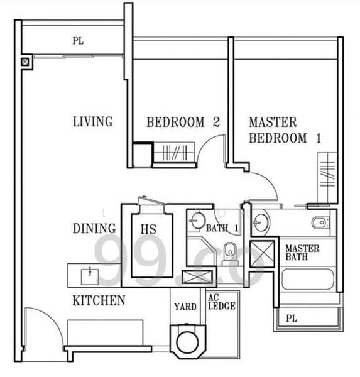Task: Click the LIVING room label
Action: coord(93,122)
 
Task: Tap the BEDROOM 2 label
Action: coord(183,122)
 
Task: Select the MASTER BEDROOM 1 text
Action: coord(285,130)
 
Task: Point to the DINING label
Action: coord(94,229)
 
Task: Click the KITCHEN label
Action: coord(99,300)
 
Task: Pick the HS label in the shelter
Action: coord(148,229)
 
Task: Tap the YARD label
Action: coord(185,307)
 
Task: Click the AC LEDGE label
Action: coord(222,302)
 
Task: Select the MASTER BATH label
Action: coord(302,253)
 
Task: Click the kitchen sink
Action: coord(90,276)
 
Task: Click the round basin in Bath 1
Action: coord(199,221)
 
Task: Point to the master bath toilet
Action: coord(320,222)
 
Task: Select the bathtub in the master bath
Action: coord(308,279)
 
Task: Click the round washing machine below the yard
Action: coord(187,342)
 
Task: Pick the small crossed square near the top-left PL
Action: coord(25,62)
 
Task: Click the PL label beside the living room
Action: coord(78,41)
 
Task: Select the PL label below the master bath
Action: coord(292,319)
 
